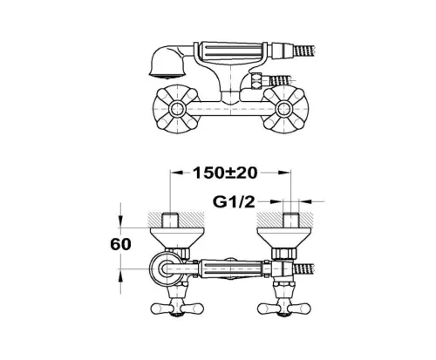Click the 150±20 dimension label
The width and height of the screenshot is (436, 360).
(x=225, y=173)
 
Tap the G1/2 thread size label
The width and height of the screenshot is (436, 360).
(x=234, y=202)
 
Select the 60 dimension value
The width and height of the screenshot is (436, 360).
(x=120, y=244)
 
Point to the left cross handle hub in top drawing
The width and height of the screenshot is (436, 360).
(x=176, y=109)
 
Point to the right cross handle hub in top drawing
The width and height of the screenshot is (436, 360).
(x=283, y=109)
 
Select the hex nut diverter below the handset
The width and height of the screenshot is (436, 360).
(x=256, y=80)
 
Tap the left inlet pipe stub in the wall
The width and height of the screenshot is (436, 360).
(x=170, y=221)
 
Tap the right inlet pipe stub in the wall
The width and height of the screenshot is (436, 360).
(x=291, y=221)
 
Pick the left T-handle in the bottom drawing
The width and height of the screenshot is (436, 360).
(x=177, y=308)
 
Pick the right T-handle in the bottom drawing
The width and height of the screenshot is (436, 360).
(x=284, y=308)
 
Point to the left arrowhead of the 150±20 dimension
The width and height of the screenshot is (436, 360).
(x=177, y=173)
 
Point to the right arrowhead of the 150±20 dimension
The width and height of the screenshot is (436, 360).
(x=284, y=173)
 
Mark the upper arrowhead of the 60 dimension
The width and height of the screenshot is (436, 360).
(x=120, y=221)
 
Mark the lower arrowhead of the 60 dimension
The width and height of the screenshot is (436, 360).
(x=120, y=275)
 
